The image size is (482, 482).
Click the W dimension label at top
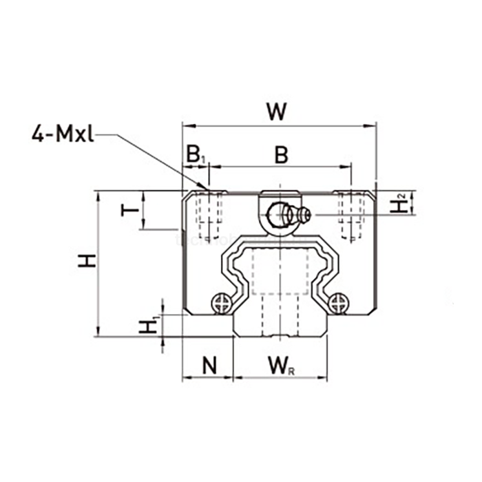pyautogui.click(x=277, y=112)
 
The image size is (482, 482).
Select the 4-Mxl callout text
pyautogui.click(x=62, y=133)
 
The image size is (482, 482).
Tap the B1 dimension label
pyautogui.click(x=195, y=156)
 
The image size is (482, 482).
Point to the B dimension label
pyautogui.click(x=281, y=156)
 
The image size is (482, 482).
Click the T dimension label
pyautogui.click(x=128, y=209)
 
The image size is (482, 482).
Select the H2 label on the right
pyautogui.click(x=398, y=204)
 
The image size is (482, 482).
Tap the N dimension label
pyautogui.click(x=209, y=366)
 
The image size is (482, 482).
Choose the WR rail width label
pyautogui.click(x=280, y=366)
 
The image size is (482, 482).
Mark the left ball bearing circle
pyautogui.click(x=222, y=302)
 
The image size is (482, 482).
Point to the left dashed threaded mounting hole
pyautogui.click(x=209, y=214)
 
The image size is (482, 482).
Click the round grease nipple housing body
pyautogui.click(x=279, y=214)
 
